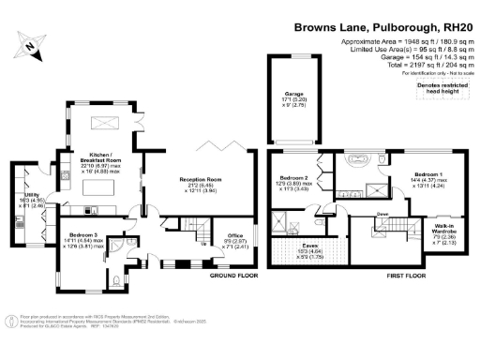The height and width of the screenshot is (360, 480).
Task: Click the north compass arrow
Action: coord(31,43)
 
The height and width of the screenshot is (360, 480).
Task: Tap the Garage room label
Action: coord(292,95)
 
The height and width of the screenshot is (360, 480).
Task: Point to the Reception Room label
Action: coord(202,180)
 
